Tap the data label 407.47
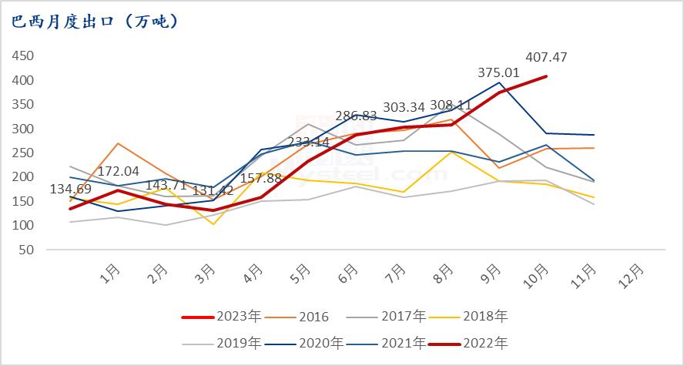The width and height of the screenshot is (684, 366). click(547, 58)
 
